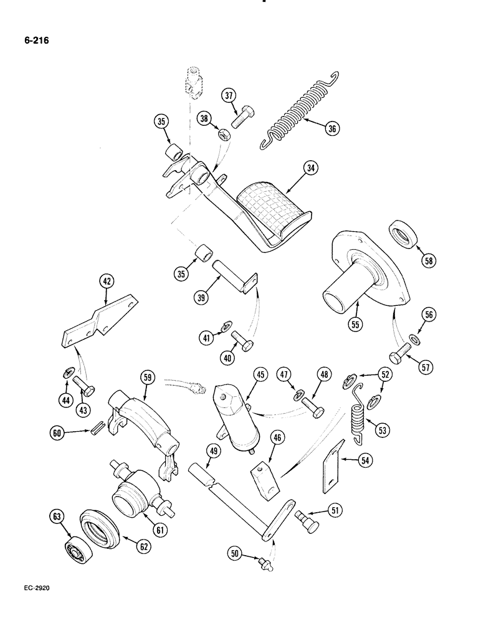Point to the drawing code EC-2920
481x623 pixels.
click(38, 604)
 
